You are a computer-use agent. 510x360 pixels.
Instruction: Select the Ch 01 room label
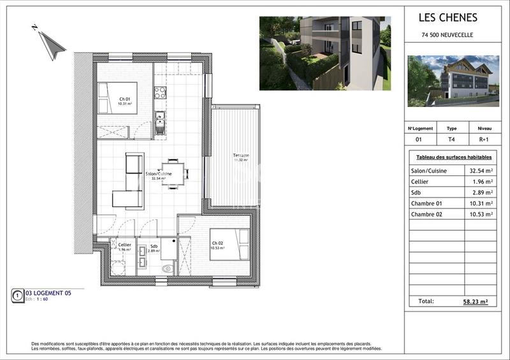[x=125, y=99]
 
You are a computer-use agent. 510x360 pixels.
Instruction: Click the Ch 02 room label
[x=217, y=242]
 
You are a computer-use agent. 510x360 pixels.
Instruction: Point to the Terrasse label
[x=240, y=155]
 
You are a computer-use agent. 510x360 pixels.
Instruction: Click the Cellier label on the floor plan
[x=124, y=245]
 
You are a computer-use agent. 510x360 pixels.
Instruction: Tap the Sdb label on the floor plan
[x=154, y=246]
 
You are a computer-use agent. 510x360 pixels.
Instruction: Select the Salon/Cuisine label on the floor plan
[x=157, y=174]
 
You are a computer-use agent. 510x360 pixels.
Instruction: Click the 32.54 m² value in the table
[x=480, y=171]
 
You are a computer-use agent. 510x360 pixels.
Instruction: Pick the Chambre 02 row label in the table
[x=427, y=214]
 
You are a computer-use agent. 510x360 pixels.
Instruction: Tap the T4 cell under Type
[x=451, y=138]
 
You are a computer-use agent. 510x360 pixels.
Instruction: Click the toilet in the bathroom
[x=168, y=268]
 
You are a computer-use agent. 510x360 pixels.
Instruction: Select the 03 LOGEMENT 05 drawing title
[x=48, y=293]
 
